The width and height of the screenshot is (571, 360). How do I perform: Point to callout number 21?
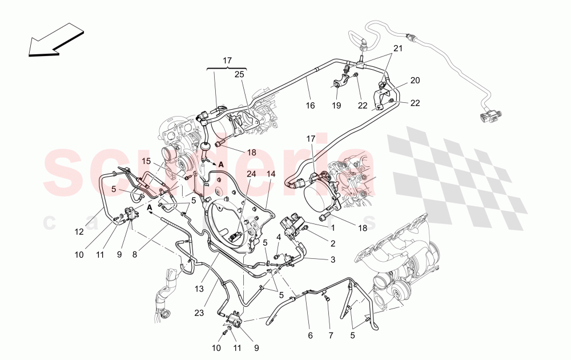[x=397, y=49]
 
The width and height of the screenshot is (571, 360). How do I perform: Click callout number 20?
[x=415, y=81]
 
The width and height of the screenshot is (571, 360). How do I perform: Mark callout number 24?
[x=251, y=174]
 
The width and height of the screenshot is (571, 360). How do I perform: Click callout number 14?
[x=271, y=174]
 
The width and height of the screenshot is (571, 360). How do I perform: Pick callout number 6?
[x=310, y=336]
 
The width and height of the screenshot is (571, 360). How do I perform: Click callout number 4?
[x=279, y=236]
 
